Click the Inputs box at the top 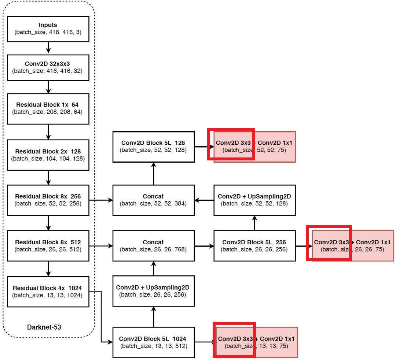(x=48, y=29)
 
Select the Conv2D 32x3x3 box (x=48, y=67)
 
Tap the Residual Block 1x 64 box (x=48, y=108)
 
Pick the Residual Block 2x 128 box (x=48, y=155)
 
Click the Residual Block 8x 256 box (x=48, y=200)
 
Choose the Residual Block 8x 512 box (x=48, y=245)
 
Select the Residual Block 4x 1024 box (x=48, y=292)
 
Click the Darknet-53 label (x=44, y=327)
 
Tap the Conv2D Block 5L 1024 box (x=153, y=342)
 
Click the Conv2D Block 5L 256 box (x=254, y=245)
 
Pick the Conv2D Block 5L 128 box (x=153, y=146)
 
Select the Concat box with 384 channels (x=153, y=200)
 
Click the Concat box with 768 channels (x=153, y=245)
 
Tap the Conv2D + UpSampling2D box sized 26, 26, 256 (x=153, y=291)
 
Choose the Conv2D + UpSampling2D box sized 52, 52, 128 (x=254, y=200)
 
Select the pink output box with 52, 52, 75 (x=255, y=146)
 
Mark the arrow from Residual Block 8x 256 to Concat (x=101, y=200)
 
